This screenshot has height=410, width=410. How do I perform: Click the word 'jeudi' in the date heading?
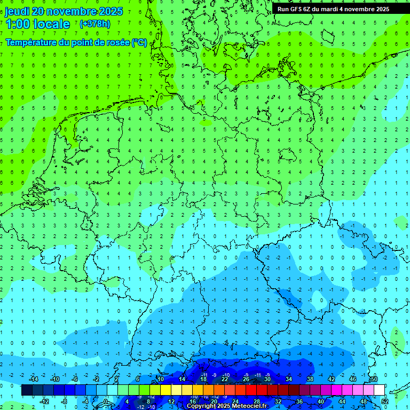(18, 11)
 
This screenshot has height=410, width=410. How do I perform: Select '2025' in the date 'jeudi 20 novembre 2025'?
(107, 11)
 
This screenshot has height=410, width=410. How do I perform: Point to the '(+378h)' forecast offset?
(94, 24)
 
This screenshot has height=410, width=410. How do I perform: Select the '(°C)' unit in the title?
(139, 43)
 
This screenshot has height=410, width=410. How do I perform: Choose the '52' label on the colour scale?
(385, 401)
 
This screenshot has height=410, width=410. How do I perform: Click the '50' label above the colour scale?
(374, 379)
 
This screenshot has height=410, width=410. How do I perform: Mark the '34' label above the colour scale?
(289, 379)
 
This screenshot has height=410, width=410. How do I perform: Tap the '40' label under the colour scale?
(321, 401)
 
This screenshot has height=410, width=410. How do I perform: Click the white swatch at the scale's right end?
(379, 390)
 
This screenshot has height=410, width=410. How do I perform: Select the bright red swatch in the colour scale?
(251, 390)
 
